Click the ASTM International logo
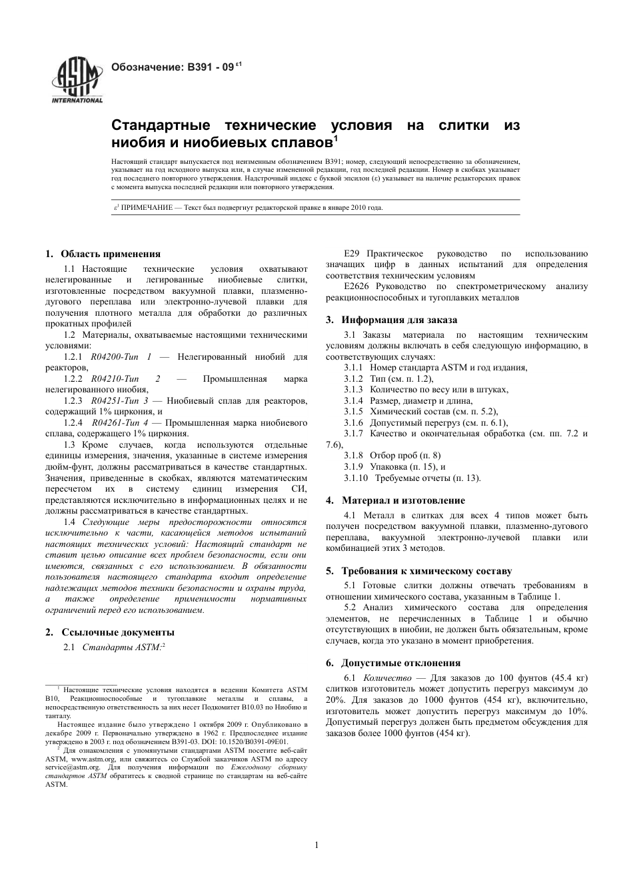(x=77, y=81)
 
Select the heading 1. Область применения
(x=103, y=254)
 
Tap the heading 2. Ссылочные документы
(x=110, y=632)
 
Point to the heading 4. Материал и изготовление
(x=396, y=500)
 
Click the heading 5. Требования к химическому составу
(x=418, y=571)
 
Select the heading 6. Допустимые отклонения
(x=393, y=663)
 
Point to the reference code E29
(x=352, y=254)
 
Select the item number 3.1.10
(x=356, y=478)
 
